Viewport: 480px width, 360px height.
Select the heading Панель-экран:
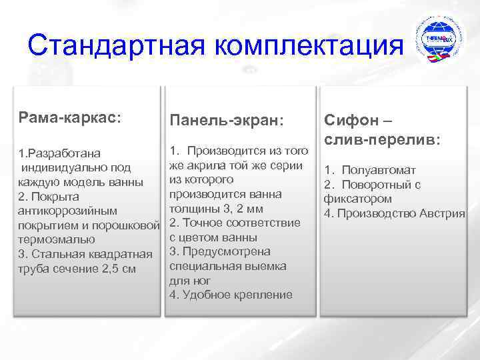(x=227, y=120)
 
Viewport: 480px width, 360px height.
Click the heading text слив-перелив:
(x=382, y=141)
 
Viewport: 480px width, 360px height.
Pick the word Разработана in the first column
(x=64, y=153)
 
